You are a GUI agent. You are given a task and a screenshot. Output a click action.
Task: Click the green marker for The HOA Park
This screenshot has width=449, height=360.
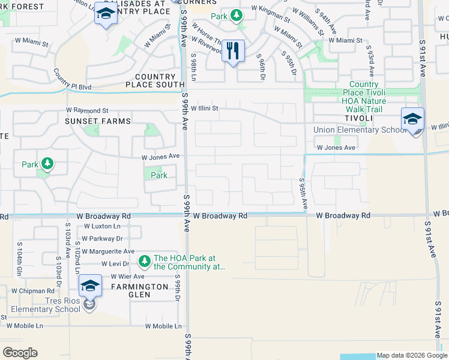[144, 261]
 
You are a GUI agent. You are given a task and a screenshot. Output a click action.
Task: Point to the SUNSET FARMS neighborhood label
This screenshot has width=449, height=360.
[98, 121]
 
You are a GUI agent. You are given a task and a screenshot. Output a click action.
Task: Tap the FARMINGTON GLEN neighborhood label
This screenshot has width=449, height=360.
[139, 287]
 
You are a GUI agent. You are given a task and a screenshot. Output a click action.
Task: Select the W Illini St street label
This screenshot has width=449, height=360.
[205, 108]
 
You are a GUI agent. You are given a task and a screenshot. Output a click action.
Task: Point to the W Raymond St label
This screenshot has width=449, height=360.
[87, 110]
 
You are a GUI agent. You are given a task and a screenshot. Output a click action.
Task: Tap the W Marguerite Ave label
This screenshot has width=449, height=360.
[109, 251]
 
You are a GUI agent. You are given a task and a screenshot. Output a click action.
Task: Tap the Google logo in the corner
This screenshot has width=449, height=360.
[20, 353]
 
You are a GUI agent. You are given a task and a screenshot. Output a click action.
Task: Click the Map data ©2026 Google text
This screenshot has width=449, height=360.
[412, 355]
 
